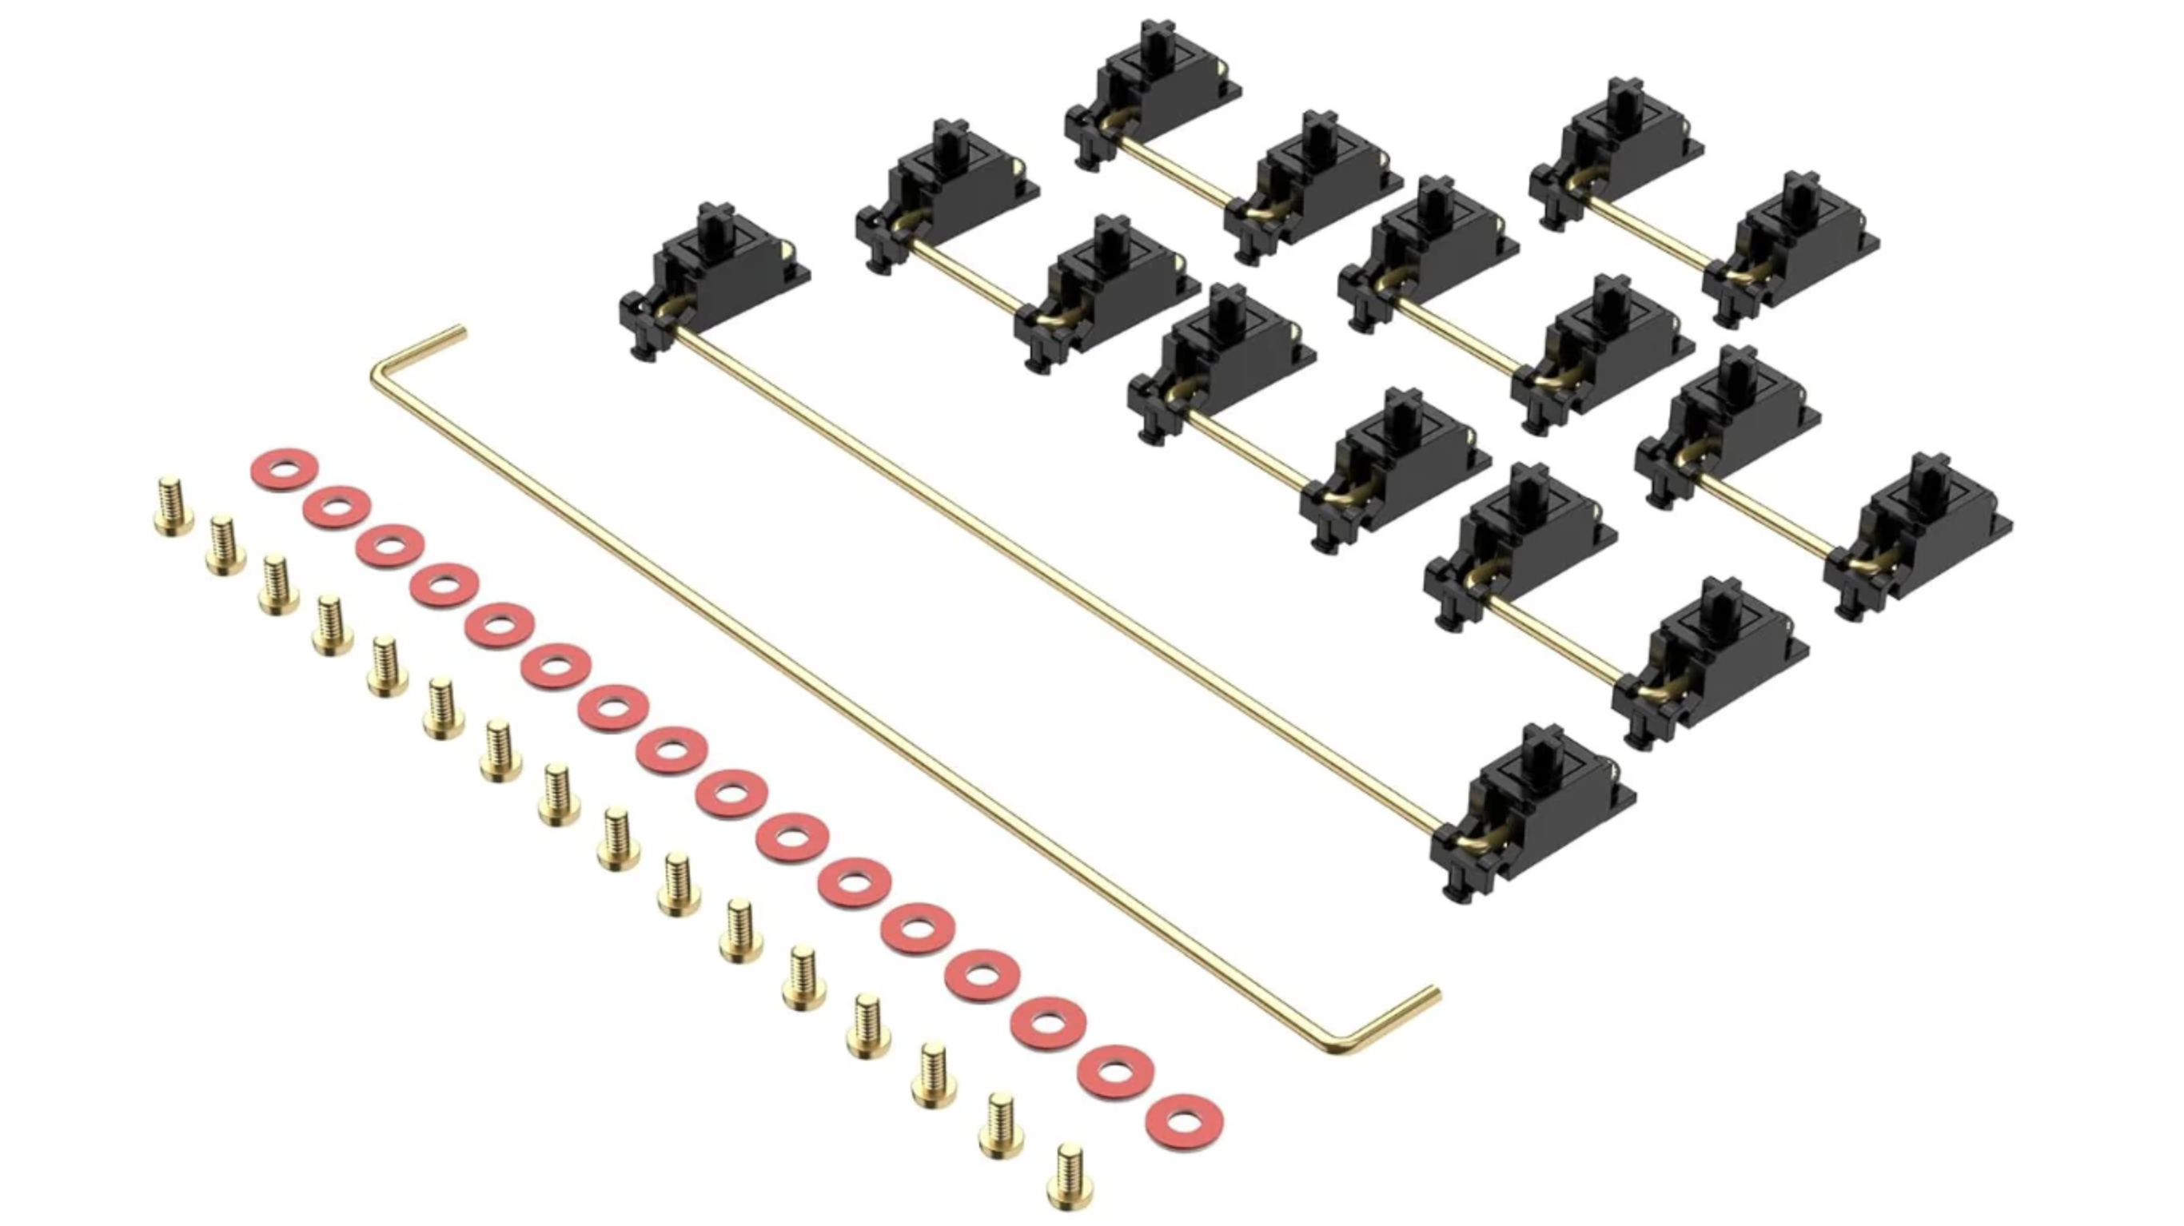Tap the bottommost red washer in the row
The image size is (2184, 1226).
(x=1184, y=1123)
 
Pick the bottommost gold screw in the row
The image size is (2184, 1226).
(x=1069, y=1176)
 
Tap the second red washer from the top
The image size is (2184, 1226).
(x=337, y=507)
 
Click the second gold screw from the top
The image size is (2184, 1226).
(x=225, y=544)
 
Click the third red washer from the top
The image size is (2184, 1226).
(x=389, y=545)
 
